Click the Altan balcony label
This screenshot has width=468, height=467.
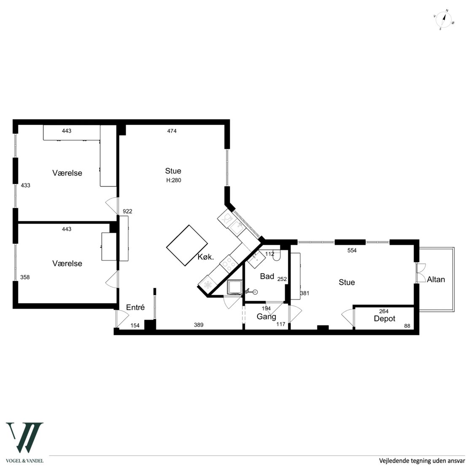[436, 279]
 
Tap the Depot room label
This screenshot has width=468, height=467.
[385, 319]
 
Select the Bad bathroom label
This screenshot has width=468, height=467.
[267, 276]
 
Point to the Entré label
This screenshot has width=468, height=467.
[135, 307]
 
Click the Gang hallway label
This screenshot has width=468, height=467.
[266, 317]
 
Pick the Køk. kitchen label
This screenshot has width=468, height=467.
[206, 257]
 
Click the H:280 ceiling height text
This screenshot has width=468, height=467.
[174, 180]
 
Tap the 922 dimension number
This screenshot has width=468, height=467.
[127, 211]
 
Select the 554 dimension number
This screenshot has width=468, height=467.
[352, 250]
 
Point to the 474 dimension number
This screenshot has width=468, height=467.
[172, 131]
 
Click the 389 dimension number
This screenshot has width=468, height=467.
[199, 325]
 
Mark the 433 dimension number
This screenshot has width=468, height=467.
[25, 185]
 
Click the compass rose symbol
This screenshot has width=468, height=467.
[444, 20]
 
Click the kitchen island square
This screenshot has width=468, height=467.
[187, 245]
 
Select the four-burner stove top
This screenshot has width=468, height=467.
[229, 263]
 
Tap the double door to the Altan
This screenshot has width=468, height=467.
[421, 273]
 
